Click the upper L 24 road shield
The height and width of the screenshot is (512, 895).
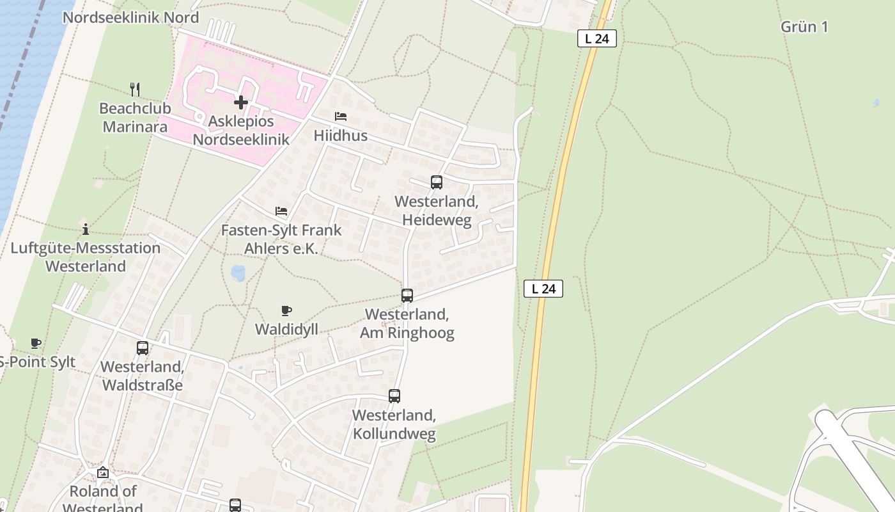(x=596, y=38)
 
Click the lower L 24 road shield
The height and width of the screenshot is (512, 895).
(x=543, y=289)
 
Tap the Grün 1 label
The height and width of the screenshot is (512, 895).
(x=804, y=27)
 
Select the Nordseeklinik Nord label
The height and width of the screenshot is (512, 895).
(x=130, y=17)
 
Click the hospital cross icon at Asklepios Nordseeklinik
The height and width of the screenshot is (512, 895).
(x=240, y=102)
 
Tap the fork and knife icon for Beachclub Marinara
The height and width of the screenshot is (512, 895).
(x=134, y=89)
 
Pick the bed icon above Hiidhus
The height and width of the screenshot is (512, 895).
(x=341, y=116)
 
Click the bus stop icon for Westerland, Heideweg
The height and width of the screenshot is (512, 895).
(x=437, y=182)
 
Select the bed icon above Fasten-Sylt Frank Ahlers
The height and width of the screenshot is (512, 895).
(x=281, y=211)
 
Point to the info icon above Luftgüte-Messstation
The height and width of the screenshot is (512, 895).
(x=86, y=229)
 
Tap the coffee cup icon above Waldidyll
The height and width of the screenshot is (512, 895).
(x=286, y=311)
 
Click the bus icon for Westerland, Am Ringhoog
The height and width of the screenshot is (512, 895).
(x=407, y=296)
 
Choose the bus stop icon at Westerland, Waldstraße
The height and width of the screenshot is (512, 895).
(x=143, y=348)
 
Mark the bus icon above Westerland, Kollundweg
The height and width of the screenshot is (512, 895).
(x=394, y=396)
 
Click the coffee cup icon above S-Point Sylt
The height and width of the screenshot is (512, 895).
(x=36, y=344)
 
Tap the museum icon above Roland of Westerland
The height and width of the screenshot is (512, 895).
(x=103, y=473)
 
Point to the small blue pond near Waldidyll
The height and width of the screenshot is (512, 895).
(x=238, y=273)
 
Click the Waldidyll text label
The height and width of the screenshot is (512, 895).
(x=286, y=330)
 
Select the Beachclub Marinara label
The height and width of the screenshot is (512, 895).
(x=135, y=117)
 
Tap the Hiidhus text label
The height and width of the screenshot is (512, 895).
(x=341, y=136)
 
